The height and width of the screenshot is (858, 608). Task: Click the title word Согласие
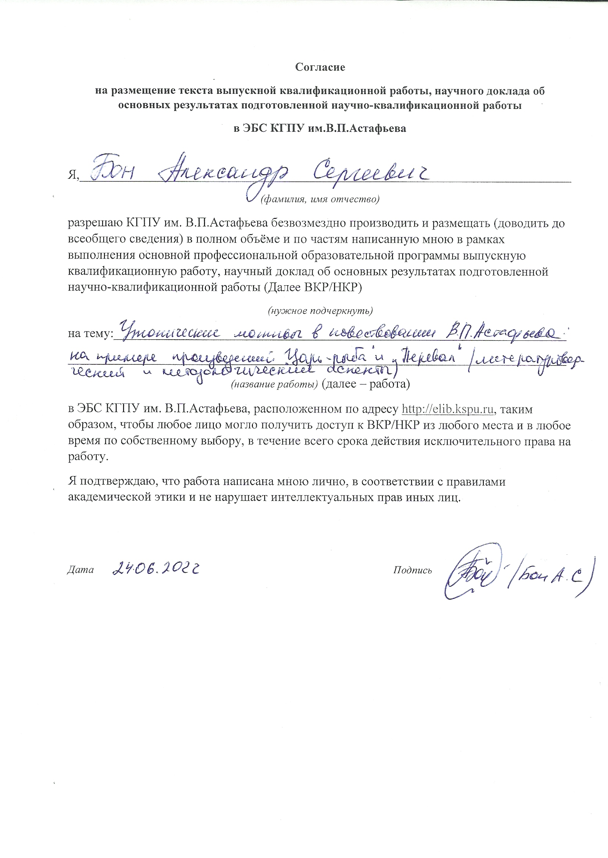320,67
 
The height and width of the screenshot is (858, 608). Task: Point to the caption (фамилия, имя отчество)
320,199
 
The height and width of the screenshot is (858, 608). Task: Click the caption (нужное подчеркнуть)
320,311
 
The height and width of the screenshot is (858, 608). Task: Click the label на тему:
90,333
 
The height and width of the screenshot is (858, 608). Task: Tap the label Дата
80,570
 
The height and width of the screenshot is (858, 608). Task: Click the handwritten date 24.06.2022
155,569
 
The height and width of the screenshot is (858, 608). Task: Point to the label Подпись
412,570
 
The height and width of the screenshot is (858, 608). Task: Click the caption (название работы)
275,385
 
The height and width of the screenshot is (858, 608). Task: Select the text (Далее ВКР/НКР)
310,287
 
